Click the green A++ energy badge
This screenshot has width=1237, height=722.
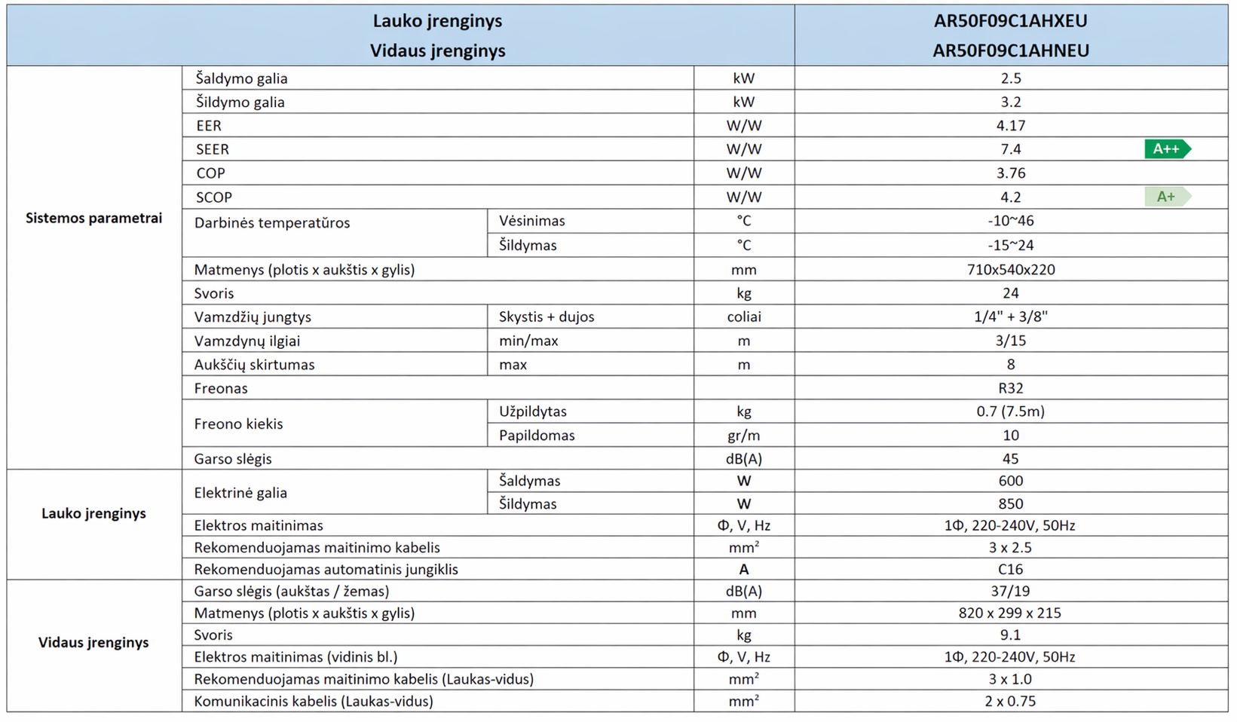1166,149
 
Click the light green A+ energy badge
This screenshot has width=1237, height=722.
1166,197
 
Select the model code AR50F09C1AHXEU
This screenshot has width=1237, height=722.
1010,20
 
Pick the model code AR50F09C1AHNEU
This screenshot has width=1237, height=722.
1010,50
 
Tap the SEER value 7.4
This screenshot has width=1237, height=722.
1010,149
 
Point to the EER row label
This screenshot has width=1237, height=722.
209,126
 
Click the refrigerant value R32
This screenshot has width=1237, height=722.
1010,388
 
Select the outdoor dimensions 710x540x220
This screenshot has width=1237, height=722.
1010,270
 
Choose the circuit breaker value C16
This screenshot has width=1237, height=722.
1010,569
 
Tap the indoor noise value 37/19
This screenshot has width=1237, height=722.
1010,591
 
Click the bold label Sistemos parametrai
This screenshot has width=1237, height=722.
93,218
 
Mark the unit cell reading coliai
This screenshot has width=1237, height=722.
743,317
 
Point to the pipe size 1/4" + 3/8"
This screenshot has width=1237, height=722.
1010,317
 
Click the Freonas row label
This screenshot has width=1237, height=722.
221,388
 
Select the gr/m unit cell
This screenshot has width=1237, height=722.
743,435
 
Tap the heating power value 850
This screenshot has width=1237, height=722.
1010,503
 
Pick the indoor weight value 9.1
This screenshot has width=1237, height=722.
1010,635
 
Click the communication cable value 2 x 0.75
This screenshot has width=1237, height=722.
1010,701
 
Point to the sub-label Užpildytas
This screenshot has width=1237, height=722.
532,411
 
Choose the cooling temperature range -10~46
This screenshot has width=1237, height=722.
1010,221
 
